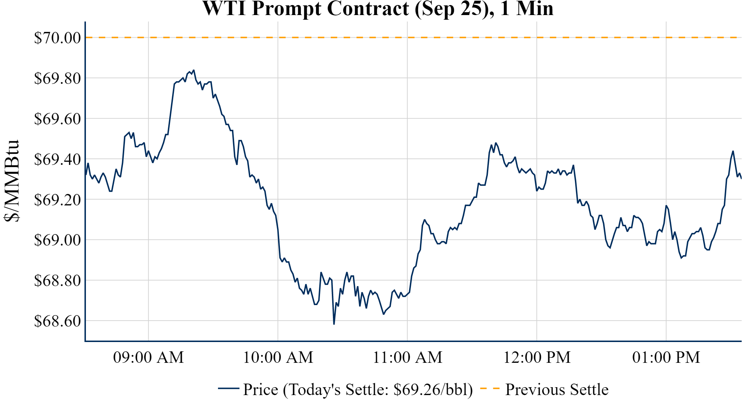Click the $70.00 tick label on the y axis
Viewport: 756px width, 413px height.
pyautogui.click(x=58, y=38)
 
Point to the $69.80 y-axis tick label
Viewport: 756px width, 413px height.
pyautogui.click(x=58, y=78)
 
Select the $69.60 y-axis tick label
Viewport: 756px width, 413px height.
pyautogui.click(x=58, y=119)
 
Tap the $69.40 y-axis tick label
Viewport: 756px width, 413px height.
pyautogui.click(x=58, y=159)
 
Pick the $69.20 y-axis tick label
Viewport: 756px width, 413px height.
pyautogui.click(x=58, y=200)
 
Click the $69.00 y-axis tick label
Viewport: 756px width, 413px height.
pyautogui.click(x=58, y=240)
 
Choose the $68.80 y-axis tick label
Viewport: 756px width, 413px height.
pyautogui.click(x=58, y=280)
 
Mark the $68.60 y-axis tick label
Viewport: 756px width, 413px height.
pyautogui.click(x=58, y=321)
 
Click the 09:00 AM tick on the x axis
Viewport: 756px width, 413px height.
pyautogui.click(x=149, y=357)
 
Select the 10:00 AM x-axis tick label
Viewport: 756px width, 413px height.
pyautogui.click(x=278, y=357)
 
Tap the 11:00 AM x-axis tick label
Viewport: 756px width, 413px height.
pyautogui.click(x=408, y=357)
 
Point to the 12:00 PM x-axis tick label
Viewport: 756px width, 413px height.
pyautogui.click(x=537, y=357)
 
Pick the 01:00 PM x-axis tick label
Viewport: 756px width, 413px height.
pyautogui.click(x=666, y=357)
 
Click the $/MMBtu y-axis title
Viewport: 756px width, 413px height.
pyautogui.click(x=12, y=181)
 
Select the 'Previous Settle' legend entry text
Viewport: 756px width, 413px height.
pyautogui.click(x=557, y=389)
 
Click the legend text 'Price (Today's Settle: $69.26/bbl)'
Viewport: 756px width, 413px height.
pyautogui.click(x=358, y=389)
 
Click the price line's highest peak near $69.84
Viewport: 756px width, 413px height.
pyautogui.click(x=194, y=70)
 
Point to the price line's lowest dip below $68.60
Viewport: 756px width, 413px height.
pyautogui.click(x=334, y=324)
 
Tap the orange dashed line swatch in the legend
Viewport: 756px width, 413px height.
pyautogui.click(x=490, y=388)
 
